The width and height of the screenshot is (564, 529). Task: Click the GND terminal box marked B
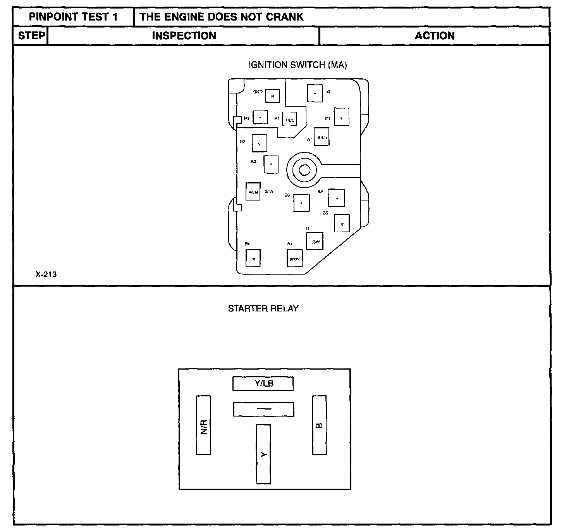(273, 96)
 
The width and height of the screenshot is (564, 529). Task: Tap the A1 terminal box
(322, 137)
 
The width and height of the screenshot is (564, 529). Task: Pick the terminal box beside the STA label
(253, 192)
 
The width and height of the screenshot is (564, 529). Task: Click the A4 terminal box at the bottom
(294, 258)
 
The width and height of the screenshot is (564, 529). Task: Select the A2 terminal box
(271, 164)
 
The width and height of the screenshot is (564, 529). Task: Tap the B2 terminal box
(259, 143)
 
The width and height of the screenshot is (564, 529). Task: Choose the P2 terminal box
(260, 117)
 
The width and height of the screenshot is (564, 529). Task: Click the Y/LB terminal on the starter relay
(263, 384)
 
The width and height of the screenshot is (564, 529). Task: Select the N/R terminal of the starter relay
(203, 425)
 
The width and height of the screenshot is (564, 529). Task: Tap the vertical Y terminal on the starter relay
(263, 454)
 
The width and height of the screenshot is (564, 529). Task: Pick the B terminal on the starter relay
(319, 425)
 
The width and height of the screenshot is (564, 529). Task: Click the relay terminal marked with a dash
(263, 409)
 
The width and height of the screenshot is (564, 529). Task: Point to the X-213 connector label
(46, 275)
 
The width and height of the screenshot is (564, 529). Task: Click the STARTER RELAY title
(263, 309)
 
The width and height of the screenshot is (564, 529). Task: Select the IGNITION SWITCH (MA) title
(297, 65)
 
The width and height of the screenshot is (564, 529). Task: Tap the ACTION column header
(435, 36)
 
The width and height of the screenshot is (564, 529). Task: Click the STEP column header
(31, 36)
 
